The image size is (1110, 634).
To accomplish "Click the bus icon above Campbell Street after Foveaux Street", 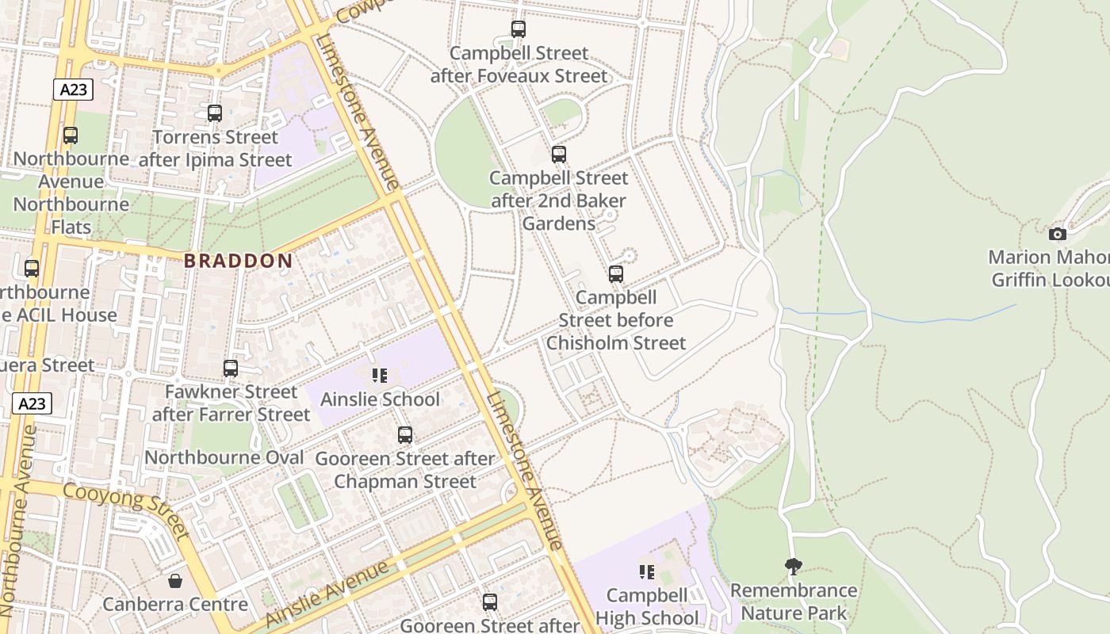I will [x=519, y=29].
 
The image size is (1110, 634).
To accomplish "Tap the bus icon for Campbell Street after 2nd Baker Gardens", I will [x=559, y=154].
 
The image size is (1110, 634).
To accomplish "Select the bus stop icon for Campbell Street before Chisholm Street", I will [x=616, y=274].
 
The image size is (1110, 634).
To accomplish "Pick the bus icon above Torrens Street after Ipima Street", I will [x=215, y=113].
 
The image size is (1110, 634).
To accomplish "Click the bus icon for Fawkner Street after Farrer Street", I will [x=231, y=368].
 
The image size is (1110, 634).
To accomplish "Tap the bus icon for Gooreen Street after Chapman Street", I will [x=405, y=434].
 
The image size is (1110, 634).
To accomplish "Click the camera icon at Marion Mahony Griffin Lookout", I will [x=1057, y=234].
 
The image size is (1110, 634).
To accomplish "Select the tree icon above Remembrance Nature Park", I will [x=793, y=566].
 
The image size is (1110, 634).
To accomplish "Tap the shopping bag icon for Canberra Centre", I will [x=175, y=581].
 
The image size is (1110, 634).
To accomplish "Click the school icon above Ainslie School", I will [x=380, y=376].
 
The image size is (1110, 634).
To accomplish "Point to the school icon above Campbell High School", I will [x=647, y=571].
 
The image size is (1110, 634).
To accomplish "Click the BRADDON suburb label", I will [x=239, y=261].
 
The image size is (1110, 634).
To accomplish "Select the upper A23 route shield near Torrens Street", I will [x=74, y=90].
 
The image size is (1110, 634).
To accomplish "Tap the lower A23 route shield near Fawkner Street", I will [x=32, y=403].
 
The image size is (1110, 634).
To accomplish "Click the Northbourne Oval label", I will [x=224, y=457].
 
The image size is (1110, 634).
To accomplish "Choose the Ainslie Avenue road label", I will [x=327, y=594].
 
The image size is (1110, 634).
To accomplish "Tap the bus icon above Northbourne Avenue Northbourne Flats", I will [x=71, y=136].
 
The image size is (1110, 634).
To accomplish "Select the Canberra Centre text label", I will [x=175, y=605].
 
